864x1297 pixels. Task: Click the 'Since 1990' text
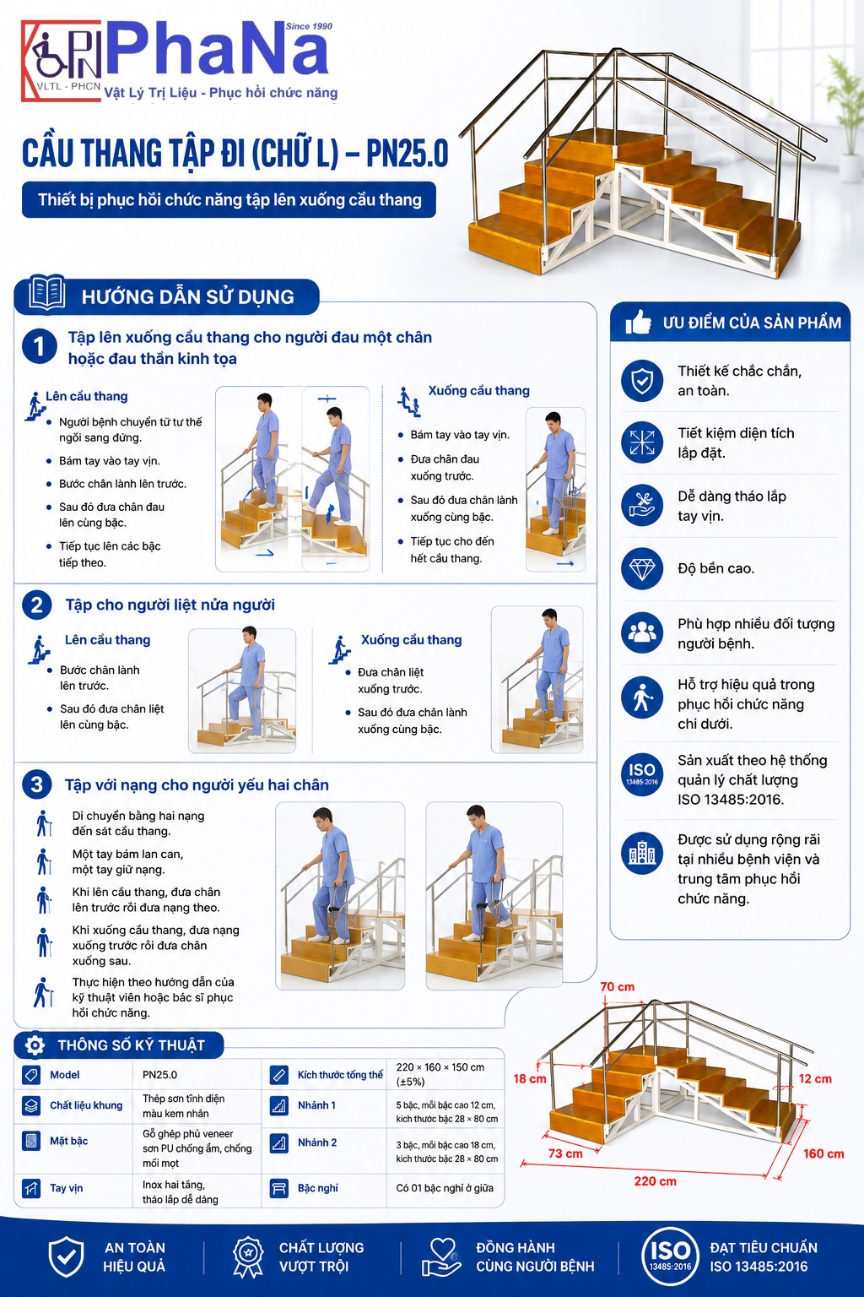click(309, 26)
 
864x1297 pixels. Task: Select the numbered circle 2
click(37, 605)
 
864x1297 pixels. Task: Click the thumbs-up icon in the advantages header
click(639, 322)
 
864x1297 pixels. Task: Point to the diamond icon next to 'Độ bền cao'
click(642, 568)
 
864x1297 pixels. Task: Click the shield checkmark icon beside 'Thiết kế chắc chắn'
click(642, 381)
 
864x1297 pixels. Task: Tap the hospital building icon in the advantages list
click(642, 853)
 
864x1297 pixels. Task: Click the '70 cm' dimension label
click(617, 986)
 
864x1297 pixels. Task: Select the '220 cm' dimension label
click(655, 1181)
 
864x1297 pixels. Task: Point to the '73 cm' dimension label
click(565, 1153)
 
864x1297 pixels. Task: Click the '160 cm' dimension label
click(823, 1153)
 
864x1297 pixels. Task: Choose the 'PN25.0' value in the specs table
click(159, 1075)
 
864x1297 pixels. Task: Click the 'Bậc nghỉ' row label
click(318, 1188)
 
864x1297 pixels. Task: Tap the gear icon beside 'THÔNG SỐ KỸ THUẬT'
click(35, 1045)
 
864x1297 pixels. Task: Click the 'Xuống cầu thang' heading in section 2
click(412, 640)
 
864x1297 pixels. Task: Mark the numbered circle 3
click(37, 784)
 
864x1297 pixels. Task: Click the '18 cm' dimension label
click(530, 1078)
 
